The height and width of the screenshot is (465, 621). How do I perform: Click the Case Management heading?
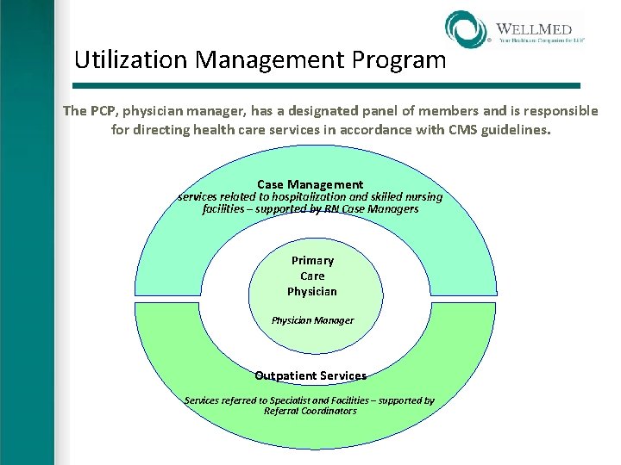(x=310, y=184)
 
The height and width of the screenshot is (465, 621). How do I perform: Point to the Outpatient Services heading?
(x=310, y=375)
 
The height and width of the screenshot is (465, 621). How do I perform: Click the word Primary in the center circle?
(x=312, y=260)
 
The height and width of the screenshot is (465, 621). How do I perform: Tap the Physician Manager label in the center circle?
(x=312, y=320)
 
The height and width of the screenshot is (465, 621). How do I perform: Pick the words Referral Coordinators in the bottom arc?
(x=310, y=411)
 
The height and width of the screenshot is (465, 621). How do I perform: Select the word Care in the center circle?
(x=312, y=276)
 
